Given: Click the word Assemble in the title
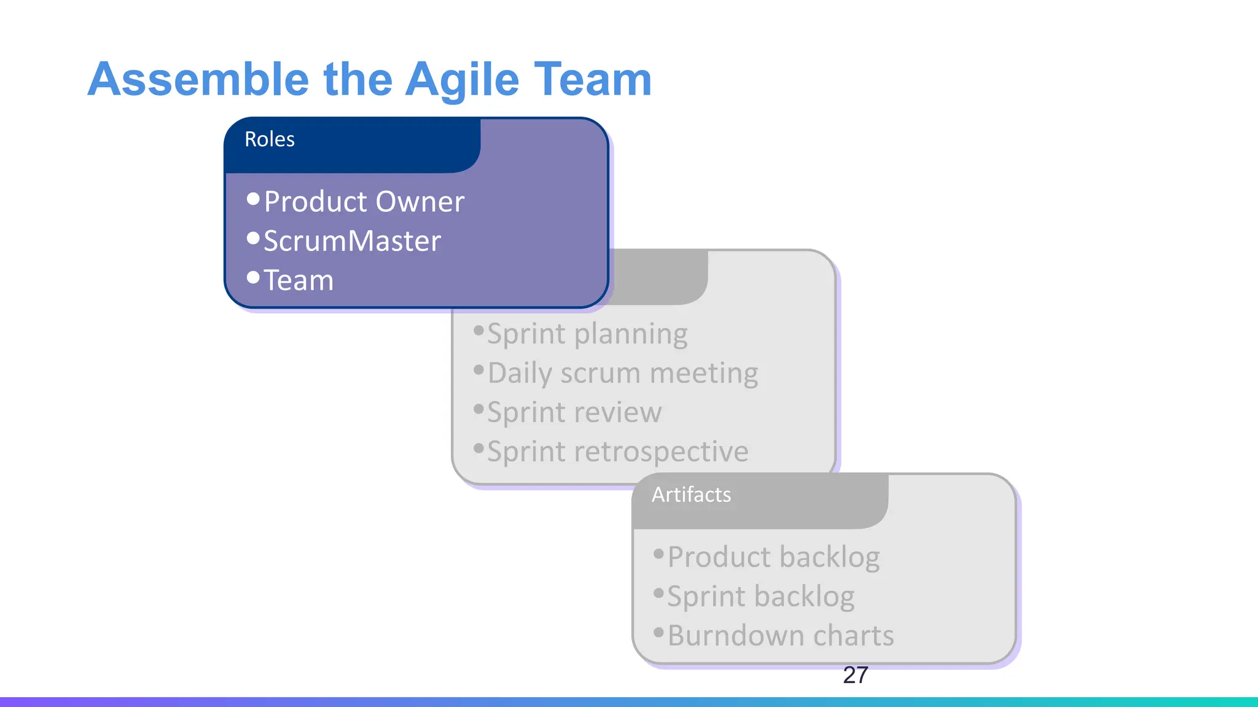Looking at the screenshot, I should (198, 80).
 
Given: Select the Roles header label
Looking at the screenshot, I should (269, 139).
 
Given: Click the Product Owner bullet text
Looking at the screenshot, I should (364, 202).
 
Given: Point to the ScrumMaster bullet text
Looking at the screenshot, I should (352, 241).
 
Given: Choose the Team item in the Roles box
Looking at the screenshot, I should (299, 280).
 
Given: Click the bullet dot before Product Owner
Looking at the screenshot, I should (253, 199).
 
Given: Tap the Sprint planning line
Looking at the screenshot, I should (587, 334).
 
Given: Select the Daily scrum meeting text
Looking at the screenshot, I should (622, 373).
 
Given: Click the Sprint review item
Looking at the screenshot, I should (574, 412).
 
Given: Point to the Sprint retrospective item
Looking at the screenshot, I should (617, 452).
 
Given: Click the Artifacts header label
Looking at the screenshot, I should (691, 495).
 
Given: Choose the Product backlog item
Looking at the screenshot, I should (773, 557).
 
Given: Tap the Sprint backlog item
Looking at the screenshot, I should (760, 597).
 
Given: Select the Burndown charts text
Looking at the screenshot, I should (780, 636).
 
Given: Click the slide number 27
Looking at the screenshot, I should (855, 675).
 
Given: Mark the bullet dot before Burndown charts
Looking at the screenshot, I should (658, 632).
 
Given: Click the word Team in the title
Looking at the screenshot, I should (593, 80).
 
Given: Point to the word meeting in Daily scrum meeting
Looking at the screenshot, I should (703, 373).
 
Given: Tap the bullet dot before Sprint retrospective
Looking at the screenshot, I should (479, 448).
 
